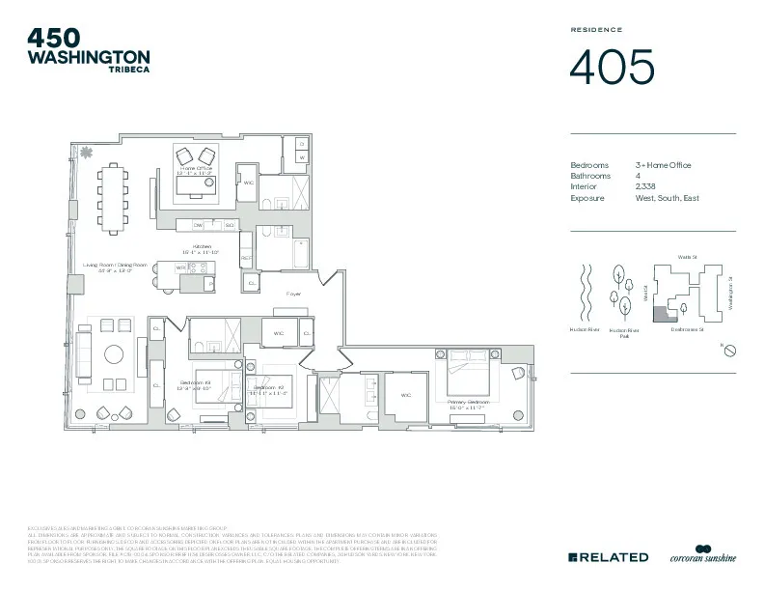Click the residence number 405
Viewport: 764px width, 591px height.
612,67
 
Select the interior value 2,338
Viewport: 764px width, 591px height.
646,187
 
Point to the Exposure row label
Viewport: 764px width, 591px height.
587,198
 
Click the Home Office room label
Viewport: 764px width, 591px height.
195,169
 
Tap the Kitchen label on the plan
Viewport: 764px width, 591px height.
203,247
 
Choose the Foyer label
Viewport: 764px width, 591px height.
293,293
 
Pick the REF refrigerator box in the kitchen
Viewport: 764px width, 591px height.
246,260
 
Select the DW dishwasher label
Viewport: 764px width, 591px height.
199,225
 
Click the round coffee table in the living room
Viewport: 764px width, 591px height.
115,352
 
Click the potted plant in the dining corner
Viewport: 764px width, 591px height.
87,152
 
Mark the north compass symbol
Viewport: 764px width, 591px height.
730,350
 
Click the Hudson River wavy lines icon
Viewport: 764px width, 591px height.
582,290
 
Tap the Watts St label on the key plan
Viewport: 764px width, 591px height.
686,257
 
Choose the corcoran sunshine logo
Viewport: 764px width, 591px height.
703,555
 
